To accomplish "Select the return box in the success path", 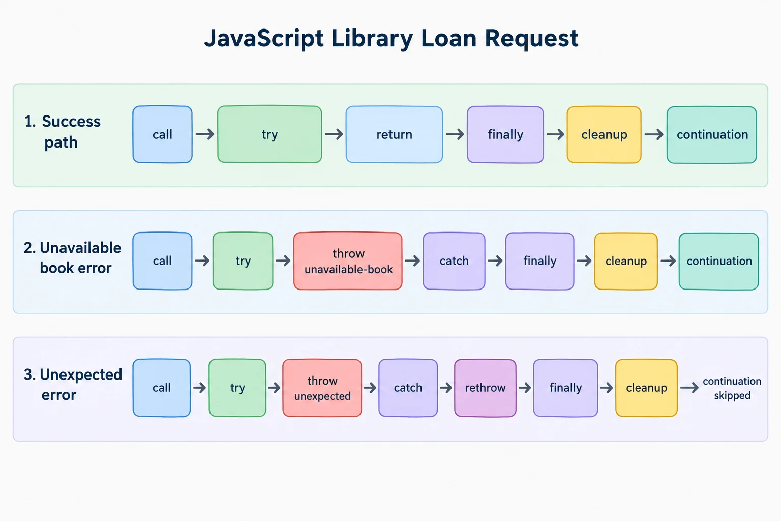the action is (x=395, y=134).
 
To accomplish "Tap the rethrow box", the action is (x=485, y=388).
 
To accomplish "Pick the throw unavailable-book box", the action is (x=348, y=261).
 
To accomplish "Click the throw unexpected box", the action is (x=322, y=388).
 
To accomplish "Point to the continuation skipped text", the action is (x=732, y=388).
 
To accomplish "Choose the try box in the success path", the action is (x=269, y=134).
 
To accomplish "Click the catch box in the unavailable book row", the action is (x=454, y=261).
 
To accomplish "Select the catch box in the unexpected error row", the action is (x=408, y=388).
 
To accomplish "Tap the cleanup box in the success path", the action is (x=604, y=134).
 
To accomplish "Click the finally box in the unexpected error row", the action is (x=565, y=388).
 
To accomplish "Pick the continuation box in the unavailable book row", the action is (x=719, y=261).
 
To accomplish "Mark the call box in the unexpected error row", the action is (x=161, y=388).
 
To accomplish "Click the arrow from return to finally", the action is (x=455, y=134).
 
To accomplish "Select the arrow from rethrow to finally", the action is (x=525, y=388).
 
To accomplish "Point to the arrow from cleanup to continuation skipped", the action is (x=689, y=388).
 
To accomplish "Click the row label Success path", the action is (x=63, y=132).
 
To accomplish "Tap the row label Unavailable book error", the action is (x=73, y=258).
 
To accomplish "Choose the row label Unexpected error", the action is (x=73, y=385).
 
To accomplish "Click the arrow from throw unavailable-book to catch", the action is (x=412, y=260).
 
